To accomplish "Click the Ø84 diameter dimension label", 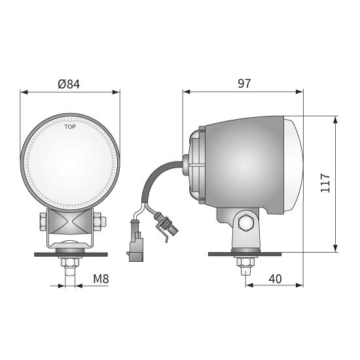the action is click(69, 84).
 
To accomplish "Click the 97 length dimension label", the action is click(244, 83).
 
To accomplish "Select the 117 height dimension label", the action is click(325, 183).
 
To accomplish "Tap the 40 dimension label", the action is click(275, 279).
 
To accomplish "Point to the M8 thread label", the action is click(101, 279).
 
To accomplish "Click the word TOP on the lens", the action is click(70, 127).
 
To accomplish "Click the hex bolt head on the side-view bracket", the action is click(246, 223).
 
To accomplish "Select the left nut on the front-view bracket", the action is click(43, 221).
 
